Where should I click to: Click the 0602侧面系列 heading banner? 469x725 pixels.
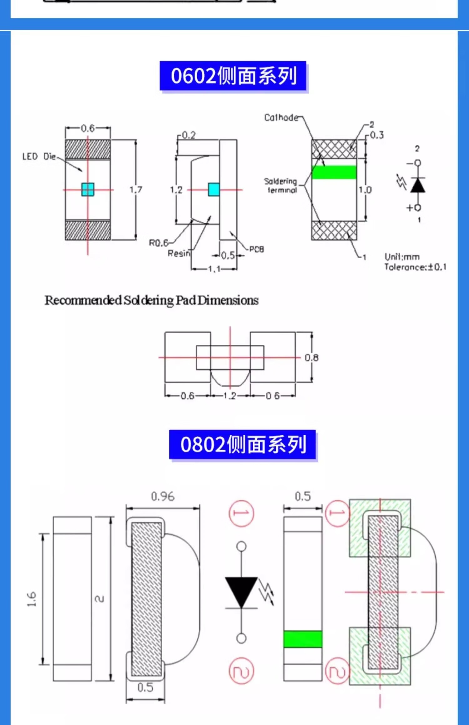click(233, 76)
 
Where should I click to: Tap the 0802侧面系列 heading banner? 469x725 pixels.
click(242, 444)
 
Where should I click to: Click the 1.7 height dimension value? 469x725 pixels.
click(136, 190)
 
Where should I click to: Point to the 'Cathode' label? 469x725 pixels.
click(281, 118)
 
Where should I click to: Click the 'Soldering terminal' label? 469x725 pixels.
click(281, 185)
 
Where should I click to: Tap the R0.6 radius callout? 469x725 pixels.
click(158, 243)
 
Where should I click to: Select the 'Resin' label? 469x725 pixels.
click(179, 253)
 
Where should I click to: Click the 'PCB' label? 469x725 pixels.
click(256, 249)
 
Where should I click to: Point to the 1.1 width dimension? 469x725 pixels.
click(214, 269)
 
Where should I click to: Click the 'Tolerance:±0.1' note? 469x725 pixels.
click(415, 267)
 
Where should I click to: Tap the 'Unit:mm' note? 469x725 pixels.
click(402, 257)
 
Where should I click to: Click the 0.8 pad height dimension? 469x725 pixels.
click(311, 358)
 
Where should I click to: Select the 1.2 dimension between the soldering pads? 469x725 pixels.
click(230, 396)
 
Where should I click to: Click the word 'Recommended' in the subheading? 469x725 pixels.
click(83, 300)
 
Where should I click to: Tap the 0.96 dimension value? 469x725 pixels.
click(163, 496)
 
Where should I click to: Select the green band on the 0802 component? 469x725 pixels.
click(303, 639)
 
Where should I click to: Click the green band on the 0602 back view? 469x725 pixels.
click(334, 172)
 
